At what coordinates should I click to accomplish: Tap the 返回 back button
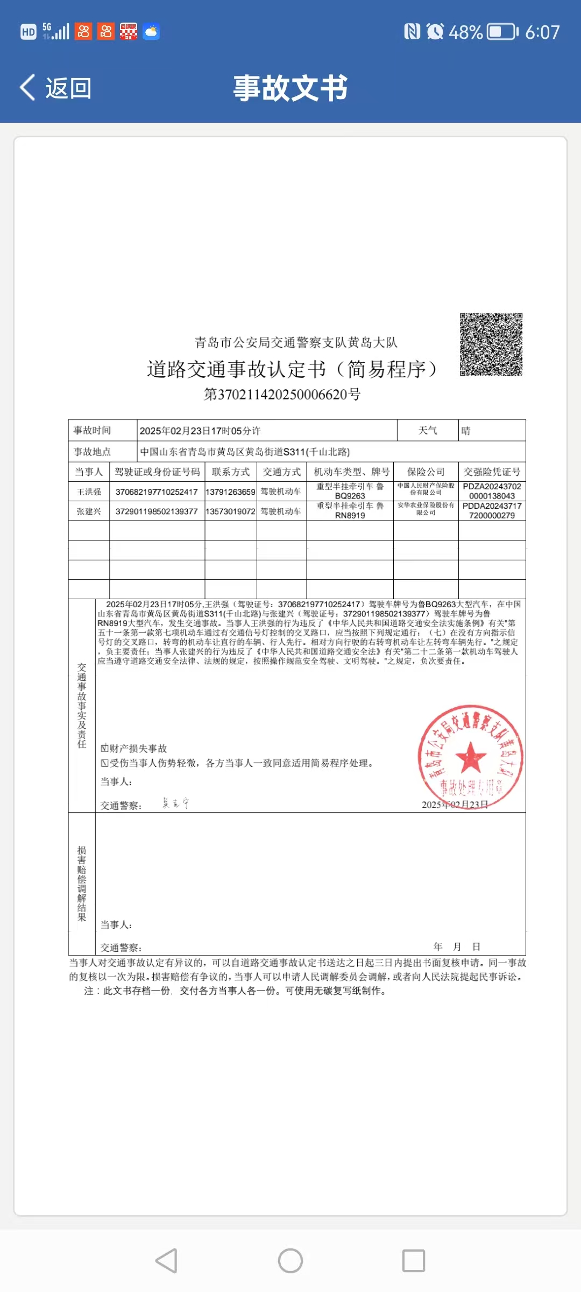pyautogui.click(x=56, y=88)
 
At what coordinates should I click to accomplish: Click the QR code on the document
pyautogui.click(x=491, y=344)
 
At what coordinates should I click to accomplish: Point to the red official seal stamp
pyautogui.click(x=471, y=756)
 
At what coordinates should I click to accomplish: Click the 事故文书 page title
pyautogui.click(x=290, y=88)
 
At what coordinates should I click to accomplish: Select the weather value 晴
pyautogui.click(x=466, y=431)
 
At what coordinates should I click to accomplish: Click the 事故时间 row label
pyautogui.click(x=93, y=431)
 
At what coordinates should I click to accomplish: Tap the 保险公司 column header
pyautogui.click(x=426, y=472)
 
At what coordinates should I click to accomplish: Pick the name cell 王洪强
pyautogui.click(x=89, y=491)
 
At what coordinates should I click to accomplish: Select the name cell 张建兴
pyautogui.click(x=89, y=511)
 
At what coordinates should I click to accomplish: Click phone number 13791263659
pyautogui.click(x=230, y=491)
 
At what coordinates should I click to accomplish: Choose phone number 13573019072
pyautogui.click(x=230, y=511)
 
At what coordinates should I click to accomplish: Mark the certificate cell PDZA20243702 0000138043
pyautogui.click(x=492, y=491)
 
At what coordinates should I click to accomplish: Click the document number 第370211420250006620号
pyautogui.click(x=282, y=395)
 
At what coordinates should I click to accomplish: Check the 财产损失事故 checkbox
pyautogui.click(x=105, y=748)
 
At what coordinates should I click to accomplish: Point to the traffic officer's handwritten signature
pyautogui.click(x=175, y=803)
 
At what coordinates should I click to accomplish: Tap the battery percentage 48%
pyautogui.click(x=466, y=32)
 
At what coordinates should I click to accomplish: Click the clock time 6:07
pyautogui.click(x=542, y=32)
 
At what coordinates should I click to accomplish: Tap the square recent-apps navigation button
pyautogui.click(x=414, y=1261)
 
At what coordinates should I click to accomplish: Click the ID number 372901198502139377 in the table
pyautogui.click(x=157, y=511)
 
